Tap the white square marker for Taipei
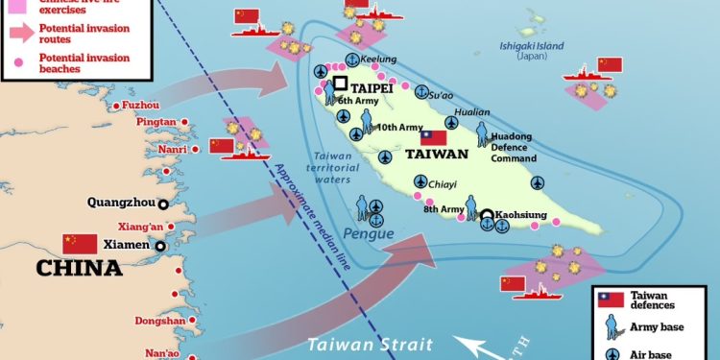coord(341,84)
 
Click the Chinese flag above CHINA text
coord(81,243)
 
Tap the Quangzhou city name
coord(120,203)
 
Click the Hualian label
coord(471,112)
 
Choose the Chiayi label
coord(442,184)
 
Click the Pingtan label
coord(157,122)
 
